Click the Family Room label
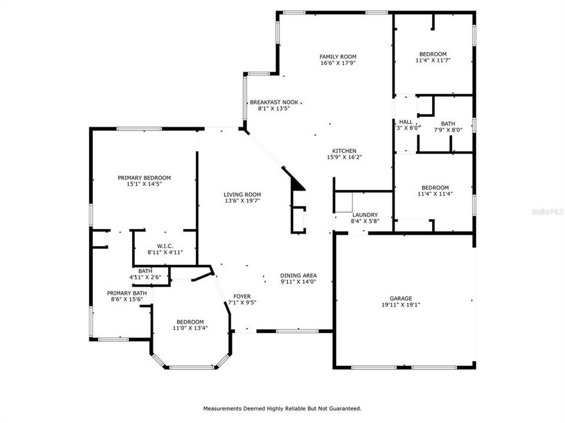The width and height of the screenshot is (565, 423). (x=338, y=56)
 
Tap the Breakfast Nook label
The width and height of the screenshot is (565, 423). (x=274, y=102)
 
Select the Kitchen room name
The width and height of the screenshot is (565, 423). (x=344, y=151)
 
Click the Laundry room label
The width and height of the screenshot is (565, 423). (x=365, y=215)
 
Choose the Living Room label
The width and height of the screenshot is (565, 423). (x=242, y=194)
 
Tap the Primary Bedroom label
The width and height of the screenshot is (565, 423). (x=144, y=177)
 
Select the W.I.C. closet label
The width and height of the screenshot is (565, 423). (x=165, y=246)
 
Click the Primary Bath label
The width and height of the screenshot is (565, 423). (x=127, y=293)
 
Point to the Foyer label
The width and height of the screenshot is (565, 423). (x=242, y=296)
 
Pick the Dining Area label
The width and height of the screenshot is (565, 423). (x=298, y=275)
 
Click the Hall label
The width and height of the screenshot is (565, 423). (x=406, y=122)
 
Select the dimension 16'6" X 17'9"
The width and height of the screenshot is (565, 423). (x=338, y=63)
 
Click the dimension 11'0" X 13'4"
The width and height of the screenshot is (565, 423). (x=190, y=328)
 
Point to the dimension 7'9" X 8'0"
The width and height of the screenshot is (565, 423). (x=445, y=130)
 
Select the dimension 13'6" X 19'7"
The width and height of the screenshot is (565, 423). (x=242, y=201)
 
